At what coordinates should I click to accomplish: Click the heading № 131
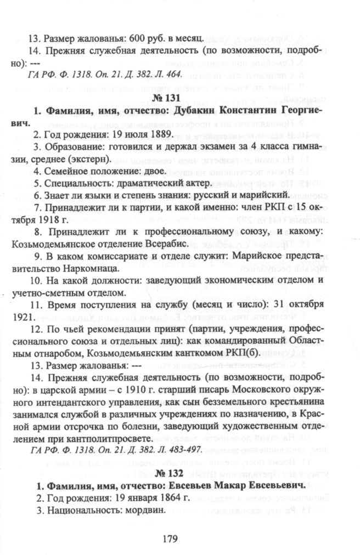180,98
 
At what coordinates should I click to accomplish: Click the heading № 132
180,473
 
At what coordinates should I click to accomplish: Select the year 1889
160,134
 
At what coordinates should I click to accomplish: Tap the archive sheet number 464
173,75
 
